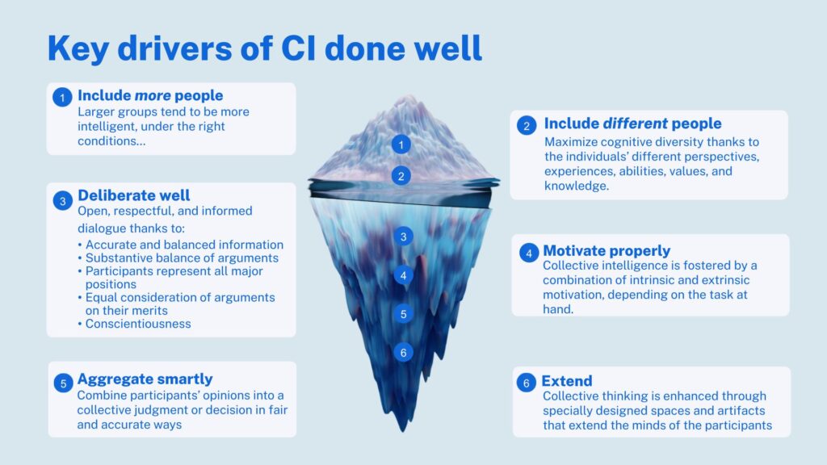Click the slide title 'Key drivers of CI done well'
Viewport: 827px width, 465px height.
coord(265,48)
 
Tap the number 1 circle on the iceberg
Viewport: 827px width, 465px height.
coord(401,145)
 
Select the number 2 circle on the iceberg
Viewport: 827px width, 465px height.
coord(401,175)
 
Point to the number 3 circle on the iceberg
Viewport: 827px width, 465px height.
coord(404,237)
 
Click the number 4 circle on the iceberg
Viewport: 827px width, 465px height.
coord(404,275)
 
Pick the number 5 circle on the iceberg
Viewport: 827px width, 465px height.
coord(404,314)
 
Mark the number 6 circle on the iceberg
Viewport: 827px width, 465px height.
coord(404,353)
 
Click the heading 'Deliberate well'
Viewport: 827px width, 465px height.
coord(133,195)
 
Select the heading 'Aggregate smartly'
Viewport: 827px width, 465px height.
coord(145,379)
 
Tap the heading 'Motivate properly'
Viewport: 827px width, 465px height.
coord(607,251)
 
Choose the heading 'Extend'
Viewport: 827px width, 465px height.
coord(567,381)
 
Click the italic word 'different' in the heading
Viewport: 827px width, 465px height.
coord(635,124)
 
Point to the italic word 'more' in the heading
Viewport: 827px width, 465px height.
coord(153,95)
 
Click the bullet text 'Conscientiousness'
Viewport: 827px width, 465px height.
coord(138,324)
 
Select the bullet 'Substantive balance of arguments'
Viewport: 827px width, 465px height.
coord(182,258)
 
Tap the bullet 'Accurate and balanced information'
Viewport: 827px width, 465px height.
coord(185,245)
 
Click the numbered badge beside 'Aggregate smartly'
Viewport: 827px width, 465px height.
coord(63,383)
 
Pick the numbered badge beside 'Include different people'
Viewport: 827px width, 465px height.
coord(527,125)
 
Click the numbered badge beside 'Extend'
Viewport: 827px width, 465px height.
coord(526,383)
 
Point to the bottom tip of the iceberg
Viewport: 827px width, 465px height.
coord(404,431)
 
